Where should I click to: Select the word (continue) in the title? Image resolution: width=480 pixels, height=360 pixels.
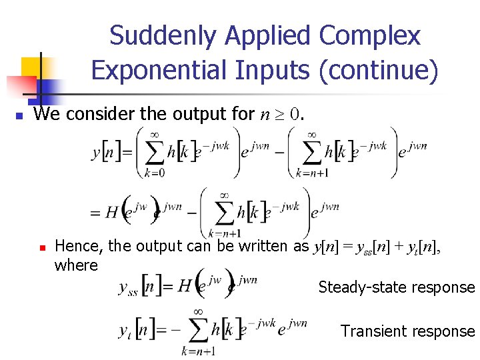tap(379, 69)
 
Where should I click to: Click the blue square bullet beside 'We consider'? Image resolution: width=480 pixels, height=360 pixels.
tap(19, 116)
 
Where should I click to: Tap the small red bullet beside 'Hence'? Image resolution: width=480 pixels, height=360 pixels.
tap(41, 247)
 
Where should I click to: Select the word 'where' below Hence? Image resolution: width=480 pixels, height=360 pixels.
tap(76, 265)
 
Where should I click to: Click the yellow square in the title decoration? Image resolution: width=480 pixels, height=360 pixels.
tap(31, 67)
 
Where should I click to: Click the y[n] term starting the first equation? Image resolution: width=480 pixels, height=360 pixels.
tap(107, 153)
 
